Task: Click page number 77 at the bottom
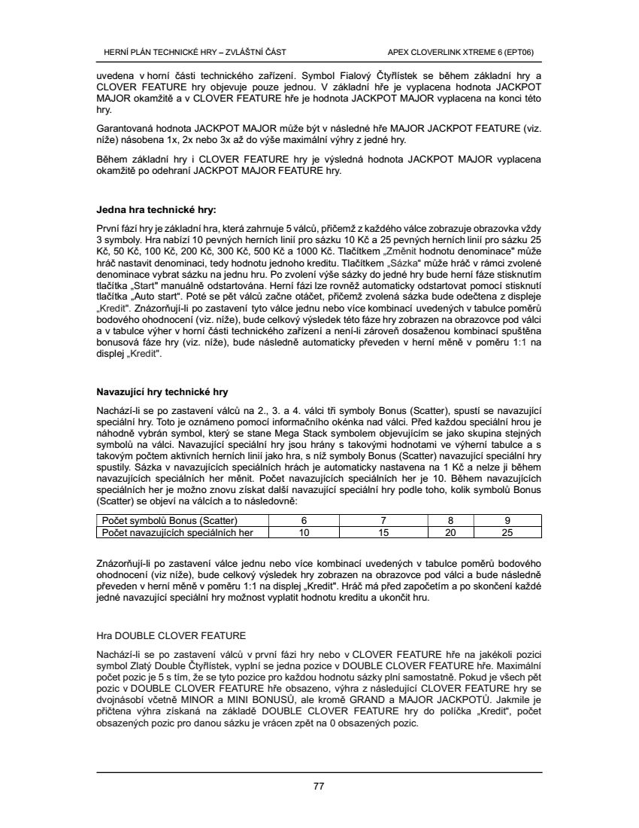[x=318, y=787]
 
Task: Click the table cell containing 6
[x=304, y=521]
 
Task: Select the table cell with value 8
[x=451, y=521]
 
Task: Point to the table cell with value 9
[x=507, y=521]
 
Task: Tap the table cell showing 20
[x=451, y=532]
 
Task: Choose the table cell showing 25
[x=507, y=532]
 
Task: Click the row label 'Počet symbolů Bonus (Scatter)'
[x=170, y=521]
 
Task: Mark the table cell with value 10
[x=304, y=532]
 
